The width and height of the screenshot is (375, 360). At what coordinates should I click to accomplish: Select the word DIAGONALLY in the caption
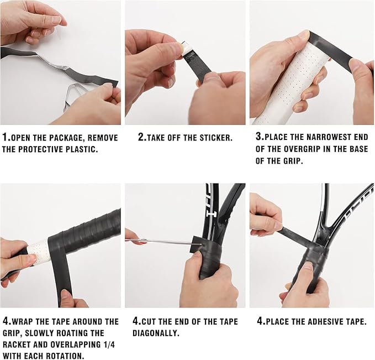[x=156, y=333]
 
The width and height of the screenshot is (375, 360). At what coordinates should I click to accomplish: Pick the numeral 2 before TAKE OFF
[x=141, y=137]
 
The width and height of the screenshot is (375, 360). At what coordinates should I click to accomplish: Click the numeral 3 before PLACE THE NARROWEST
[x=259, y=137]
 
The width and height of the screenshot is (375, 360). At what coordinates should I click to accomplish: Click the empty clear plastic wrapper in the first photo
[x=72, y=96]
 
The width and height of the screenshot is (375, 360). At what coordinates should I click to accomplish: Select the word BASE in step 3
[x=358, y=149]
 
